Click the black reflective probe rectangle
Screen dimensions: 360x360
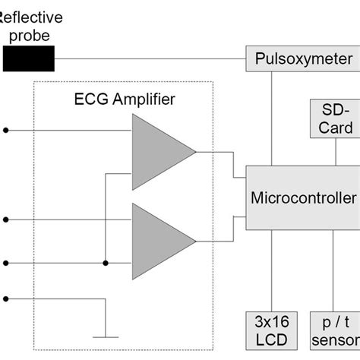tap(29, 58)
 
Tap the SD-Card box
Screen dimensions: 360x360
tap(335, 118)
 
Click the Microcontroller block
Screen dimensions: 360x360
tap(303, 197)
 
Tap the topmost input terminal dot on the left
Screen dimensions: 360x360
tap(7, 130)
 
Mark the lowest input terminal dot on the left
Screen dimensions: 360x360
tap(7, 298)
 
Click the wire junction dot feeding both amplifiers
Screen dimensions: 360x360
tap(105, 264)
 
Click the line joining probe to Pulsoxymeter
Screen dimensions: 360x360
tap(152, 58)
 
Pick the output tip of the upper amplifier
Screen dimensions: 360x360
tap(195, 151)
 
